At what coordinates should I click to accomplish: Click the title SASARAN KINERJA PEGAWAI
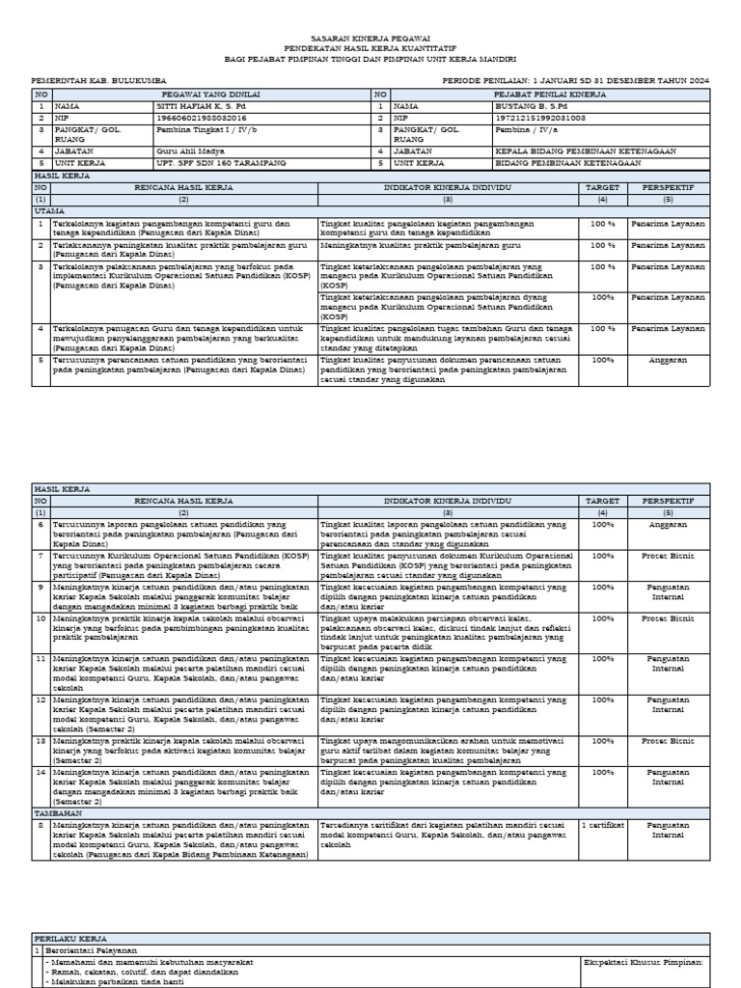pos(370,35)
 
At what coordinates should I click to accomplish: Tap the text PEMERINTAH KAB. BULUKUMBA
pos(99,80)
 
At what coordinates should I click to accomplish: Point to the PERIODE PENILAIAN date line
pos(575,80)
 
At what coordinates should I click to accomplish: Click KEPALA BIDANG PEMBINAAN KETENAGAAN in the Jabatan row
pos(572,151)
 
